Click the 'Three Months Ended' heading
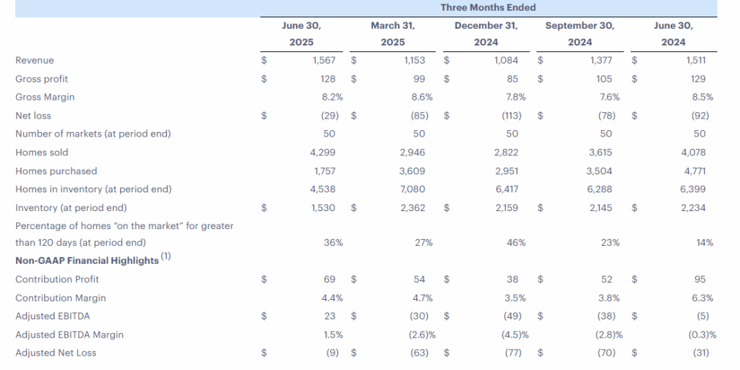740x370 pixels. point(489,8)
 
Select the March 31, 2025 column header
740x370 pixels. point(393,34)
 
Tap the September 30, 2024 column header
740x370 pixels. point(580,34)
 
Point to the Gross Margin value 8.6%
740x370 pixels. point(419,97)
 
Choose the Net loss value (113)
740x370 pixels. point(511,116)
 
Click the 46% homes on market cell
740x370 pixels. point(516,243)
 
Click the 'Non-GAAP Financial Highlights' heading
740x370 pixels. point(87,260)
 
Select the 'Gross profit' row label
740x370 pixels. point(42,79)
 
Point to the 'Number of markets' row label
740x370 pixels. point(93,134)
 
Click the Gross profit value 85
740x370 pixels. point(511,79)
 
